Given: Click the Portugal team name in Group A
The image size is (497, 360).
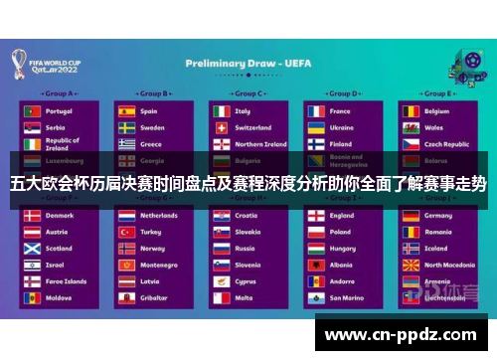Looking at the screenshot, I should (59, 111).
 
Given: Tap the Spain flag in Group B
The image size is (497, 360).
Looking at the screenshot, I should (127, 111).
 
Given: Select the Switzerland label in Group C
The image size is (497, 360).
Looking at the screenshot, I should (252, 127).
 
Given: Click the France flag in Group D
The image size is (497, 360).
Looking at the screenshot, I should (315, 111).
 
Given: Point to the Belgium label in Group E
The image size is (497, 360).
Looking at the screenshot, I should (437, 111).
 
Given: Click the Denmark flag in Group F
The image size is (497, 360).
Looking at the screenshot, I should (31, 215).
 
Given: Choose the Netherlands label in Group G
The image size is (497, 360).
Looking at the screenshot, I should (159, 215).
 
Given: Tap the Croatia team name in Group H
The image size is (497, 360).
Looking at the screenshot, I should (246, 215).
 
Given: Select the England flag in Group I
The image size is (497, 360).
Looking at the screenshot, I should (315, 215).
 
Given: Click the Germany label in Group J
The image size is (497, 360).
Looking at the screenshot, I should (438, 215).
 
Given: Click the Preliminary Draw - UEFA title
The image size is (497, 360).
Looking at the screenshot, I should (248, 63).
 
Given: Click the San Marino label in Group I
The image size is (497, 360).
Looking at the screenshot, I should (346, 297).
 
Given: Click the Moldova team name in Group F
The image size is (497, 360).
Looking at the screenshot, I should (59, 297).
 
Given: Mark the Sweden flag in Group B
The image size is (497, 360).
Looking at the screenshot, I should (127, 127).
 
